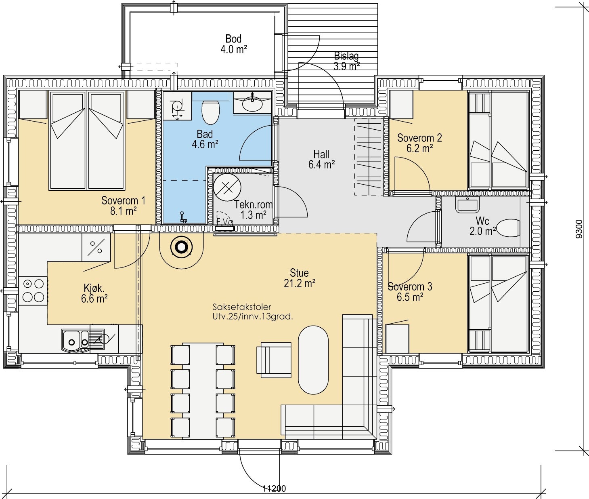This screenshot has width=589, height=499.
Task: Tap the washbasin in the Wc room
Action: tap(467, 205)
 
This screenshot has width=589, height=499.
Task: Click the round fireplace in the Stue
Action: tap(181, 247)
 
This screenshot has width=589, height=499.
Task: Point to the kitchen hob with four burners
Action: tap(33, 291)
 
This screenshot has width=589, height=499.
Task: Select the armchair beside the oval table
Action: tap(274, 360)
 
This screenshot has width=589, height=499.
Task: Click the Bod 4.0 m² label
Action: tap(233, 44)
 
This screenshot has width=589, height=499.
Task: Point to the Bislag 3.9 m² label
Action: tap(346, 61)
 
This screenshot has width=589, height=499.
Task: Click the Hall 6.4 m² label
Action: tap(321, 159)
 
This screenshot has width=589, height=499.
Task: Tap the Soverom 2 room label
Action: tap(419, 138)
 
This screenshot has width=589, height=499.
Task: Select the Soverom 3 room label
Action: tap(410, 286)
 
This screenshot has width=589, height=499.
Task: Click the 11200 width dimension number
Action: tap(274, 488)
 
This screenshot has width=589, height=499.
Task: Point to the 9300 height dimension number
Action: tap(579, 229)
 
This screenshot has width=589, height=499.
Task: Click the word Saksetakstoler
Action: tap(242, 307)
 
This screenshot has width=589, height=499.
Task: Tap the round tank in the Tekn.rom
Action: tap(227, 187)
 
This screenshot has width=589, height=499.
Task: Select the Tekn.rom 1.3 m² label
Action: tap(254, 210)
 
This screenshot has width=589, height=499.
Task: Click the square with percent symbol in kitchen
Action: tap(96, 247)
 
